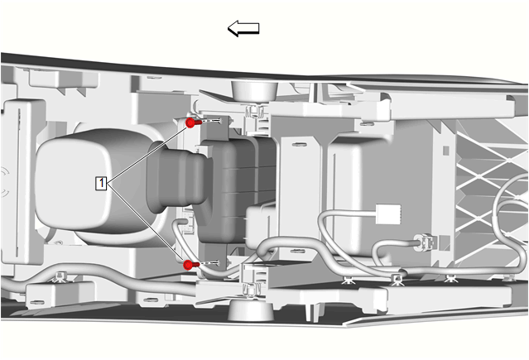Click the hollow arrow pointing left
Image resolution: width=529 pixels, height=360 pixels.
click(x=243, y=28)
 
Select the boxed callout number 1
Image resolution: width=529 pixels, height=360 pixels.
click(x=101, y=183)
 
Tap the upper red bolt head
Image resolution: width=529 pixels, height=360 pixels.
click(x=190, y=122)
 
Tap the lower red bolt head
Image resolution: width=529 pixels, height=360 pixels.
click(x=188, y=265)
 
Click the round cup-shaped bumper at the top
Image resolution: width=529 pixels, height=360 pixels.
click(x=254, y=91)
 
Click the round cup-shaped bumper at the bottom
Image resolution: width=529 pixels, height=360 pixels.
click(x=250, y=310)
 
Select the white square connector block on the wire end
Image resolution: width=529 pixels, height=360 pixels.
click(x=388, y=214)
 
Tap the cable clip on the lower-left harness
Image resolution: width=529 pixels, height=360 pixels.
click(x=60, y=276)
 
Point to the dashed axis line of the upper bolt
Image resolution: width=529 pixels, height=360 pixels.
click(x=212, y=121)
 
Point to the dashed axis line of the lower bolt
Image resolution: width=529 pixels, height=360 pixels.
click(x=209, y=263)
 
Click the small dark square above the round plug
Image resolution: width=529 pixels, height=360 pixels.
click(x=446, y=150)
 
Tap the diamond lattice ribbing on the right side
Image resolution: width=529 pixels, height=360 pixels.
click(x=491, y=192)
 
